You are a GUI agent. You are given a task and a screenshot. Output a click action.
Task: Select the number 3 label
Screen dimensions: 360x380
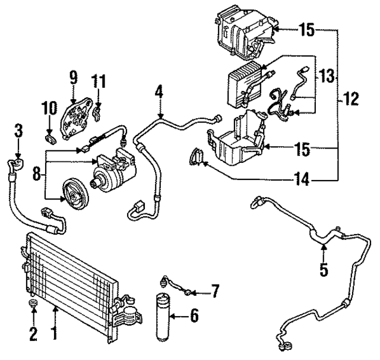click(x=18, y=130)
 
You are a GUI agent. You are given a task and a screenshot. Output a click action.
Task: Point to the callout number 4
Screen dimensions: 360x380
click(x=159, y=93)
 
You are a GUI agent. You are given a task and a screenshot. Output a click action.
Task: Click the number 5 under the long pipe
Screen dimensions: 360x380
click(x=324, y=270)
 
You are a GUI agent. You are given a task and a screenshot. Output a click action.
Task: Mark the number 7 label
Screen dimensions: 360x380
click(x=215, y=291)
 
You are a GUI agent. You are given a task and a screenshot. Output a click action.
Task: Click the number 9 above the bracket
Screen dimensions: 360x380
click(x=73, y=77)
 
